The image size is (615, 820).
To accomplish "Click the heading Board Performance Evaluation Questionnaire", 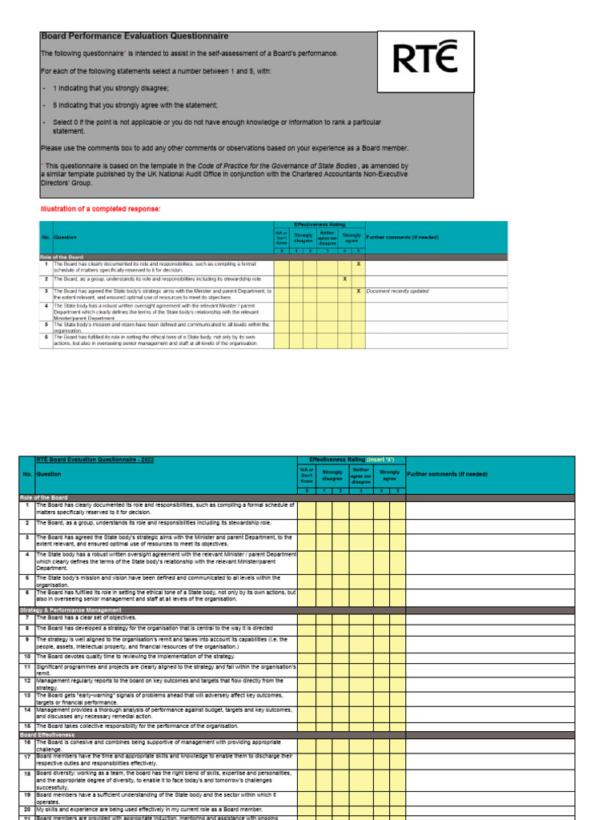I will pos(135,36).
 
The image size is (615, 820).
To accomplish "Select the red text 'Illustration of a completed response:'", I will pos(100,209).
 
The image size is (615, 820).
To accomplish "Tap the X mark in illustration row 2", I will pos(344,279).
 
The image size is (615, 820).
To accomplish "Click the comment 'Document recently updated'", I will pos(397,291).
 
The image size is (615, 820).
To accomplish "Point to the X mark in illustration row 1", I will pos(358,263).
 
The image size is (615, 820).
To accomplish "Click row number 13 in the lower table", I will pos(26,696).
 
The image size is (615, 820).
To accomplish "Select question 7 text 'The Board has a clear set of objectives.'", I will pos(86,618).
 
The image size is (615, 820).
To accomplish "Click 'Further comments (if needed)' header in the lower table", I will pos(448,474).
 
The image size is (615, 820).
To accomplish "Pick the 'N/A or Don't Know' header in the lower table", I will pos(307,475).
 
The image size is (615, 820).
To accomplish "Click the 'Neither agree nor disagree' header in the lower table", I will pos(361,476).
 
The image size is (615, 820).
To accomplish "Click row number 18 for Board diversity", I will pos(26,774).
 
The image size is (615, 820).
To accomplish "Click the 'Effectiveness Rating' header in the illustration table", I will pos(320,225).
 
